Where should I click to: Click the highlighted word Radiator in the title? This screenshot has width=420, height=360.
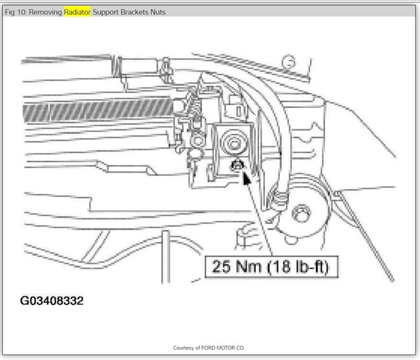[77, 12]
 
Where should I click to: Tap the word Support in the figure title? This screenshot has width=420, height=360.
[105, 12]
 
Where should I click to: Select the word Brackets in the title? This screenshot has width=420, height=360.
[134, 12]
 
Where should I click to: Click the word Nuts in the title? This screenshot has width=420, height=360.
[158, 12]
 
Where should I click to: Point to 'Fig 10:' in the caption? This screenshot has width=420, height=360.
[16, 12]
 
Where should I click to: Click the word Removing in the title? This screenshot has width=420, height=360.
[45, 12]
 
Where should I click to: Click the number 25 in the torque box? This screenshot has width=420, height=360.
[221, 266]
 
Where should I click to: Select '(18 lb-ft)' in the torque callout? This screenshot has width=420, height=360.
[298, 267]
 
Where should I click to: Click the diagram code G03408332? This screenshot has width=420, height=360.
[52, 301]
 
